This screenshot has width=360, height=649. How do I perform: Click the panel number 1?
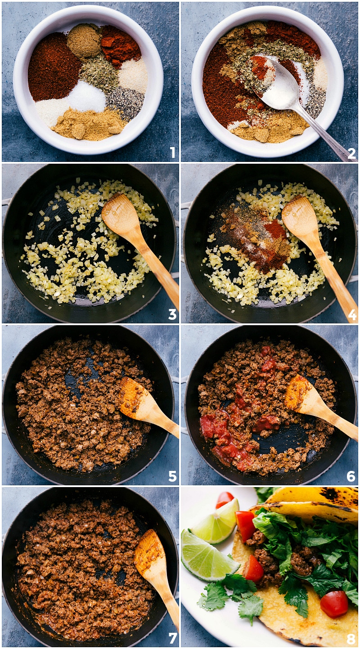click(x=173, y=152)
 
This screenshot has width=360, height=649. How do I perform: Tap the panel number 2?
click(x=351, y=152)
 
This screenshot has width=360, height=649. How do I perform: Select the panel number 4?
click(x=351, y=314)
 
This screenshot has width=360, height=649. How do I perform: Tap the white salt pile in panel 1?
click(x=87, y=97)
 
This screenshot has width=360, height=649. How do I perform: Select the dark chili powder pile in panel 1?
click(x=53, y=67)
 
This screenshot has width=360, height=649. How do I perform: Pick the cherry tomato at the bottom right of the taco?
click(x=334, y=604)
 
